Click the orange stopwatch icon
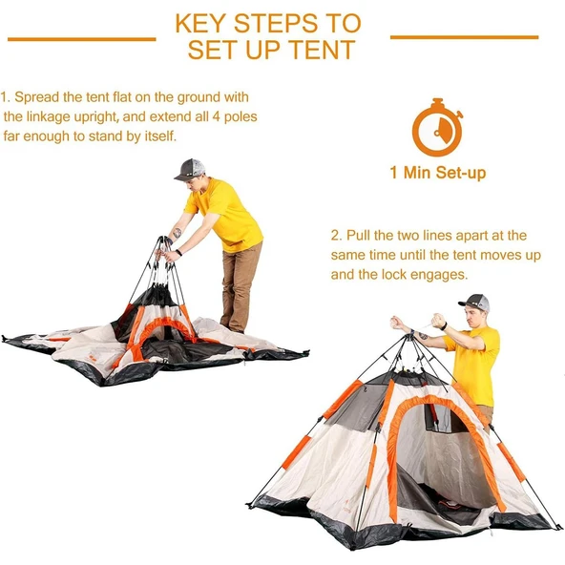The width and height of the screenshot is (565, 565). (x=437, y=127)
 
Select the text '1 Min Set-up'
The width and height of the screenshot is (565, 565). (x=438, y=172)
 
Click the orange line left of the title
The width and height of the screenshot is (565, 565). (x=82, y=39)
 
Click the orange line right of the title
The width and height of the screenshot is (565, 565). (x=465, y=37)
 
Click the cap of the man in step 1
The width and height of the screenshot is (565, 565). (x=190, y=169)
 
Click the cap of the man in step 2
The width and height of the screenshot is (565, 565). (x=474, y=303)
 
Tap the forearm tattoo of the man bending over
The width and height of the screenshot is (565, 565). (x=177, y=233)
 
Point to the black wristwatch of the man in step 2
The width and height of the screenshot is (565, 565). (x=444, y=326)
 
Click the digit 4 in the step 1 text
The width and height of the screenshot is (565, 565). (x=217, y=117)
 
